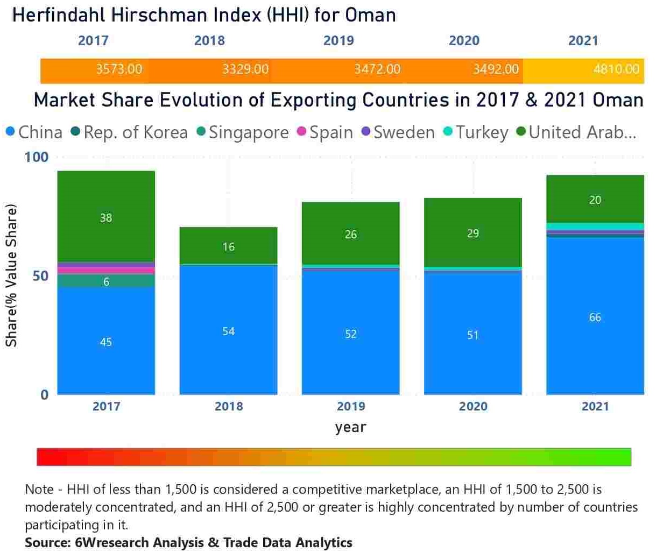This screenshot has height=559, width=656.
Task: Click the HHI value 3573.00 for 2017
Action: click(x=119, y=69)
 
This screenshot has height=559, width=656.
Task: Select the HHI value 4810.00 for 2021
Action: click(x=616, y=69)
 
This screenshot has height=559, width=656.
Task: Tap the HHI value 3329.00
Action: click(x=245, y=69)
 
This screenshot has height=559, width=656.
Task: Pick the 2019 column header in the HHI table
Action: click(x=338, y=41)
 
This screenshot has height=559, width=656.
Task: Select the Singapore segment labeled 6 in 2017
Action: click(x=106, y=281)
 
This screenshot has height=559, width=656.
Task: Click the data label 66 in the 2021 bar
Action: click(x=595, y=317)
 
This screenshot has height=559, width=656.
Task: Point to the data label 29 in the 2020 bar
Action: click(x=473, y=233)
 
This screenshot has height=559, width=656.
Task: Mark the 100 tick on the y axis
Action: click(x=36, y=157)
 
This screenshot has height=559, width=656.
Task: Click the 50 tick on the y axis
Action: click(x=40, y=276)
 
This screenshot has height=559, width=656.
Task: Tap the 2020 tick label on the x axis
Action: click(x=473, y=406)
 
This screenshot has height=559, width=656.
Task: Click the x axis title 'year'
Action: click(x=350, y=428)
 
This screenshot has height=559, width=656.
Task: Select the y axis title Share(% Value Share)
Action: click(x=12, y=275)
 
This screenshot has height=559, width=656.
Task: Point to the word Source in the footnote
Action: click(x=46, y=542)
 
